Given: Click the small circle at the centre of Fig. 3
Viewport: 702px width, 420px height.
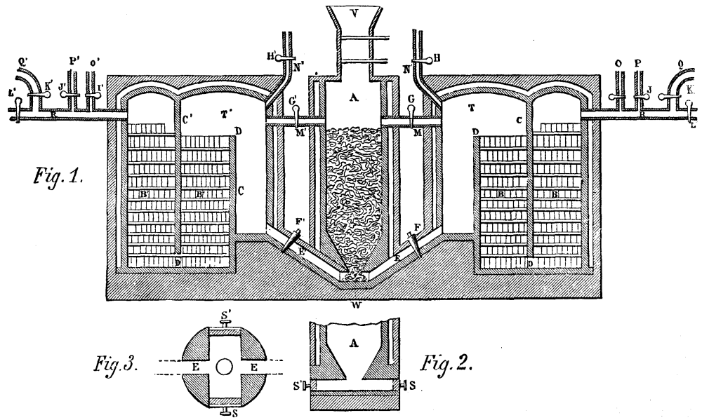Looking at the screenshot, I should point(225,365).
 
